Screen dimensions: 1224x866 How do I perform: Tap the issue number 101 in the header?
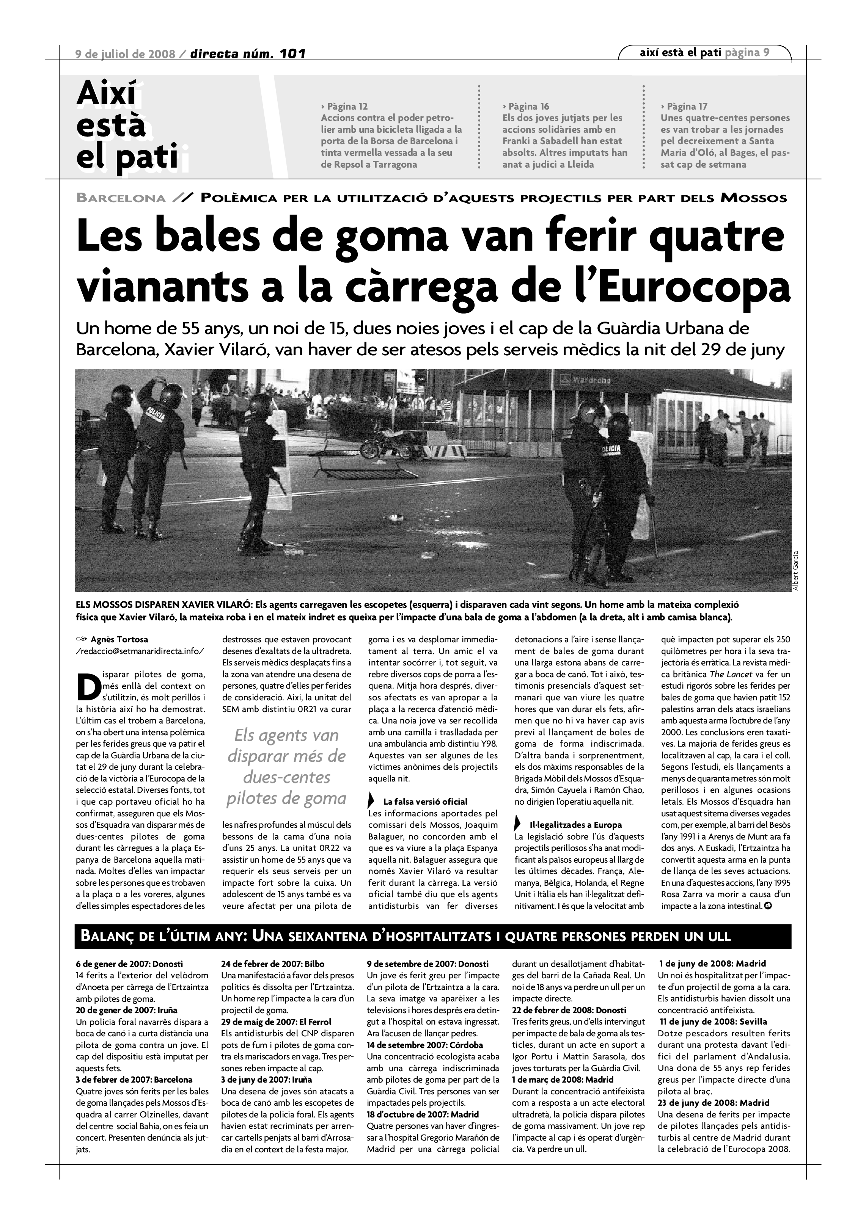[x=292, y=54]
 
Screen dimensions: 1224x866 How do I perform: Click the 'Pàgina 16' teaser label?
[x=527, y=106]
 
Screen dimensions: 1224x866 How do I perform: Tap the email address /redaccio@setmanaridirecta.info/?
[x=140, y=651]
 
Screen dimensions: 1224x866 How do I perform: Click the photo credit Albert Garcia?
[x=795, y=570]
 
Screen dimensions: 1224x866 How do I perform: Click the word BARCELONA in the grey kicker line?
[x=121, y=198]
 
